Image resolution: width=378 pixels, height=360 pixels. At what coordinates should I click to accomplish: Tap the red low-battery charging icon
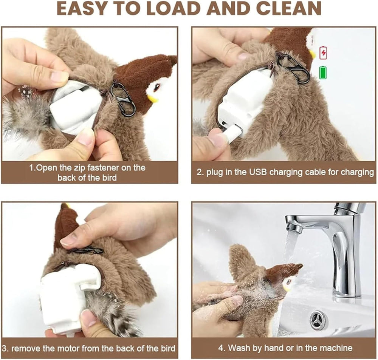coord(323,53)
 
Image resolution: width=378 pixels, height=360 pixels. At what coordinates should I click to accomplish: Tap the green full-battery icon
coord(323,72)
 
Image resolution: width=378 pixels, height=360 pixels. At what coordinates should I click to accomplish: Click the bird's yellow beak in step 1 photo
coord(152,99)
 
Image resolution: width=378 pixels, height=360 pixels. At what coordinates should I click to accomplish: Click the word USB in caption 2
coord(257,172)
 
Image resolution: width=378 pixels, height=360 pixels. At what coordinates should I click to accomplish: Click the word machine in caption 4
coord(336,348)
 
